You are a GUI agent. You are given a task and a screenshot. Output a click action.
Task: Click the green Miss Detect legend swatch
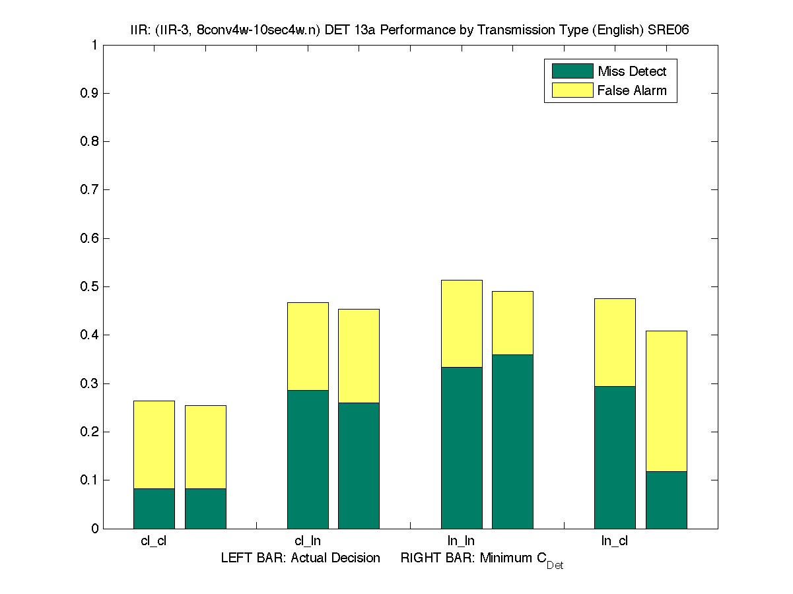tap(572, 71)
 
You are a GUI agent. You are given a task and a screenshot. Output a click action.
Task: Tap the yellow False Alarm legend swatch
tap(572, 90)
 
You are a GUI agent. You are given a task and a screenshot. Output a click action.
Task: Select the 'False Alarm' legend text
tap(632, 90)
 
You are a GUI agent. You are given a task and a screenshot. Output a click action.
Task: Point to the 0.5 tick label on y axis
tap(89, 287)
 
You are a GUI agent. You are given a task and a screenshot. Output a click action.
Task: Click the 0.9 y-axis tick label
tap(89, 94)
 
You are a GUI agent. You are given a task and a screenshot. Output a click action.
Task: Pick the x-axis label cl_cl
tap(154, 541)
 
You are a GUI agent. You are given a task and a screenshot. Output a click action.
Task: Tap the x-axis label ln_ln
tap(461, 541)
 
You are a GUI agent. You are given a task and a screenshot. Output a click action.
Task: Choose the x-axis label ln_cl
tap(614, 541)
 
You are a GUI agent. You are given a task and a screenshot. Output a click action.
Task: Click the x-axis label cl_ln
tap(308, 541)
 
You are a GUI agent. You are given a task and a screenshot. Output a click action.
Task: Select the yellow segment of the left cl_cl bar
tap(154, 444)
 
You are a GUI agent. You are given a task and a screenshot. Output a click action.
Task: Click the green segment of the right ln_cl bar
tap(666, 500)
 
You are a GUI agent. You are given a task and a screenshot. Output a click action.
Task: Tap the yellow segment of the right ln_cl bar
tap(666, 401)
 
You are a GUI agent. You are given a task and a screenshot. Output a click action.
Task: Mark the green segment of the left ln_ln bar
tap(462, 447)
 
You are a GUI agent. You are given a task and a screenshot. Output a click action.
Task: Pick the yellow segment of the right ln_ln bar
tap(512, 323)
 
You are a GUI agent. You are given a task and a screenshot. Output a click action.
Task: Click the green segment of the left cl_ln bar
tap(308, 459)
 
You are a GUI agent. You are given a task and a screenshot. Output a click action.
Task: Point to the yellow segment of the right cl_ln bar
tap(359, 356)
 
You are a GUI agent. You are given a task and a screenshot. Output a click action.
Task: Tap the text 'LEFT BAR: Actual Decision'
tap(300, 558)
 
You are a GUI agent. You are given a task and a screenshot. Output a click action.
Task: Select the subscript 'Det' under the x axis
tap(555, 566)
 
